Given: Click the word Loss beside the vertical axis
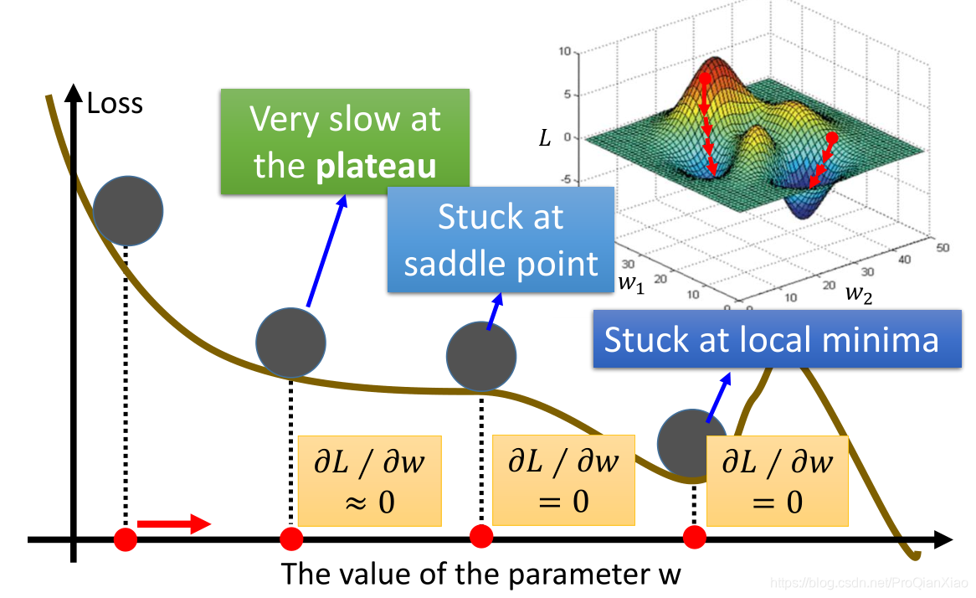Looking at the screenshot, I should [x=115, y=103].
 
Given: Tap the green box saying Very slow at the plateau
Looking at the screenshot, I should [x=345, y=142].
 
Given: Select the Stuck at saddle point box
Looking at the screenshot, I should [x=501, y=240].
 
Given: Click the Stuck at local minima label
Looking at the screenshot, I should [x=771, y=340].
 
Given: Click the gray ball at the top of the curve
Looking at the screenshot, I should [x=128, y=210].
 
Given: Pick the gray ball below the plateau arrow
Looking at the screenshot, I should [x=290, y=343].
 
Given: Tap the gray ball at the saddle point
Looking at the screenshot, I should [x=480, y=355].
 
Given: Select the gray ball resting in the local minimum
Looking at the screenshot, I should [x=691, y=441].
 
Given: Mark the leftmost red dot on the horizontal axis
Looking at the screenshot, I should [x=126, y=538].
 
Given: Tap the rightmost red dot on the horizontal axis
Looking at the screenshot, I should [x=694, y=537].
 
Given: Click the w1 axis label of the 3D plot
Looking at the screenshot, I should [x=631, y=283].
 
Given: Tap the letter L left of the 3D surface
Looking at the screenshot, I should [x=545, y=137].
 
